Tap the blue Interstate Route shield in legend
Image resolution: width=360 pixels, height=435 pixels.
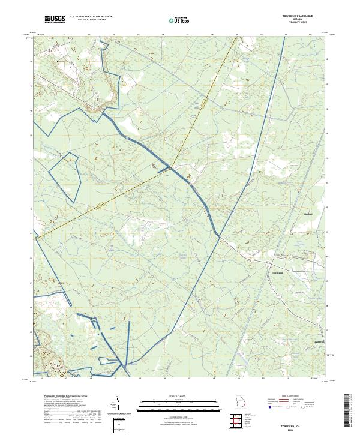click(270, 407)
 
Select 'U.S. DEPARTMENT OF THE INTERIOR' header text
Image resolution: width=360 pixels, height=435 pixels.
click(91, 17)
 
